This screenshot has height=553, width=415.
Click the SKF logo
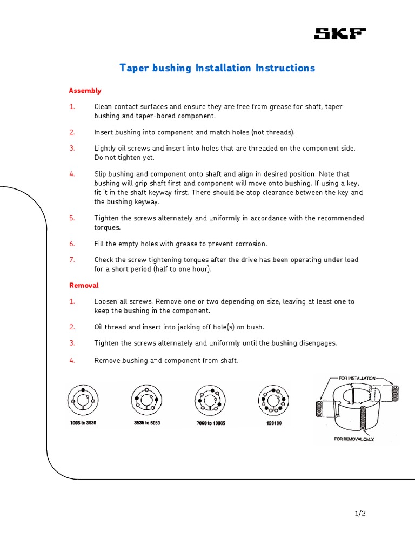tap(340, 35)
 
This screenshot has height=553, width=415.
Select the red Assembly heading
tap(85, 91)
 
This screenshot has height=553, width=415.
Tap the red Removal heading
tap(84, 285)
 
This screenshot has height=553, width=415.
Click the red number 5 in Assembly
tap(72, 218)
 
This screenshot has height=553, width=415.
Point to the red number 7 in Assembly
tap(72, 260)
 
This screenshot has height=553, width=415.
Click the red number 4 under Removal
tap(72, 360)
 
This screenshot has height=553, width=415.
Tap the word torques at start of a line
tap(107, 227)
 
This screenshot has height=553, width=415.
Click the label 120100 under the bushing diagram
tap(270, 423)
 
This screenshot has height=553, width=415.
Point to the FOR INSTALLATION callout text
tap(357, 379)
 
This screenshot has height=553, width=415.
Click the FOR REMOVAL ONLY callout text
tap(354, 439)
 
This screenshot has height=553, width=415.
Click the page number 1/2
tap(360, 514)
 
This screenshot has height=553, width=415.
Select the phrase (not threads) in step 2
tap(269, 132)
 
